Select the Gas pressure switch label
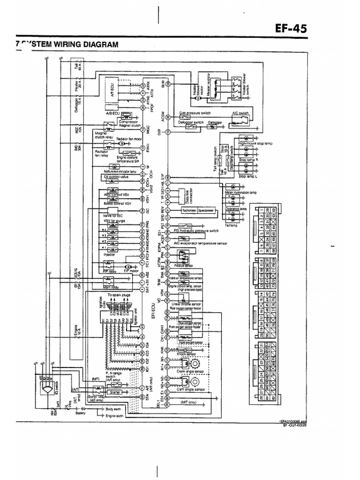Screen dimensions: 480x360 pos(195,113)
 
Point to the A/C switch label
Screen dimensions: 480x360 pos(239,113)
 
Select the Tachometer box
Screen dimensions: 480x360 pos(189,211)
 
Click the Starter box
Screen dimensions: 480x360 pos(115,392)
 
